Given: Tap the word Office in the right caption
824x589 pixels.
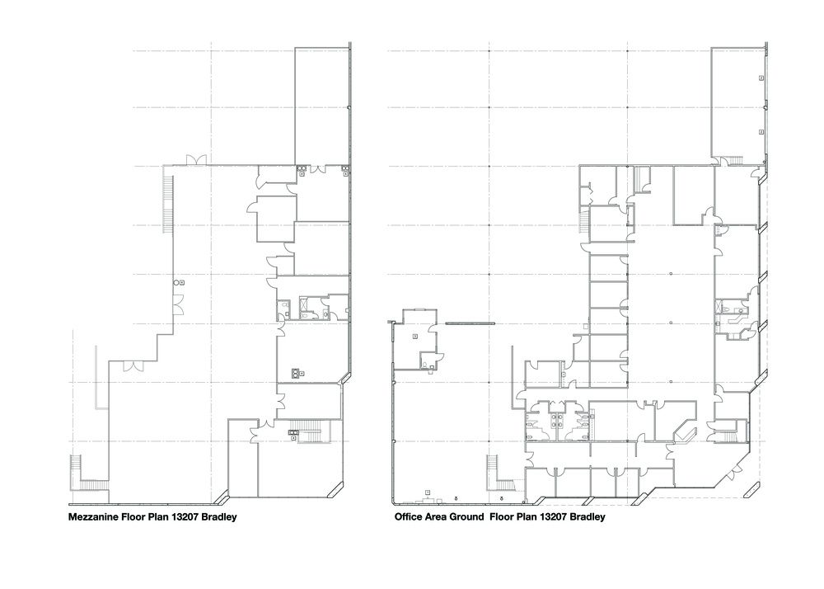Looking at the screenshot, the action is click(x=408, y=517).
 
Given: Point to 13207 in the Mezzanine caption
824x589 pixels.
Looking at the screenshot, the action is click(x=182, y=517).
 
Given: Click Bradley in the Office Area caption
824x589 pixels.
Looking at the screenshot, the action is click(x=588, y=517).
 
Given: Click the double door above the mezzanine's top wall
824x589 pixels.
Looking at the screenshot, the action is click(x=198, y=159).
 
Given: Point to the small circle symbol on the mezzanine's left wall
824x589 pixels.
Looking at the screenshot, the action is click(x=176, y=282).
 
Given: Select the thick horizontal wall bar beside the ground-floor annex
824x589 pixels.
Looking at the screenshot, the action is click(x=470, y=323).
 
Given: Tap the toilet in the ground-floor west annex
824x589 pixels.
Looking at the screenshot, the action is click(x=424, y=364).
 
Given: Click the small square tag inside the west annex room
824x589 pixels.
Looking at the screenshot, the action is click(x=414, y=336).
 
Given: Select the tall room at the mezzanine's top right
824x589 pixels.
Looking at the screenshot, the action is click(x=321, y=106).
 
